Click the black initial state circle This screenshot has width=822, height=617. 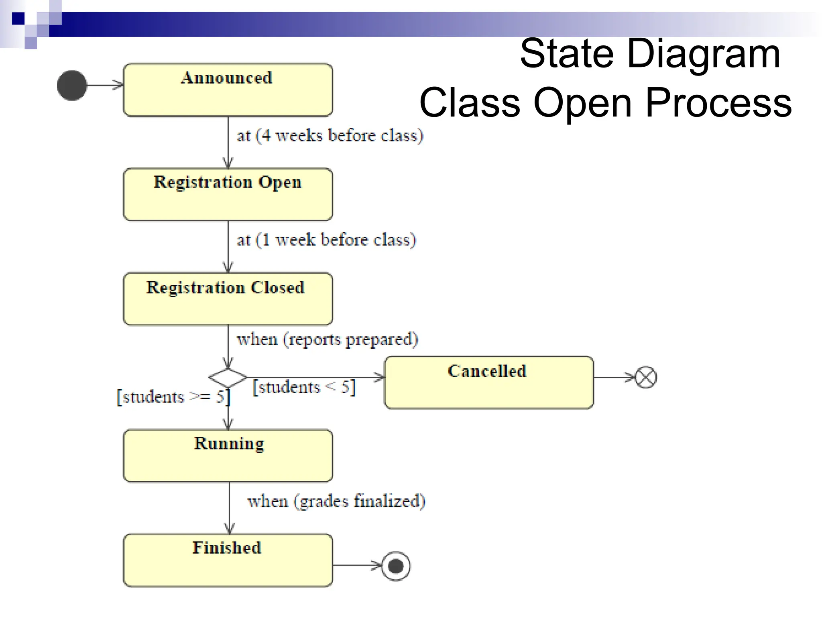pyautogui.click(x=72, y=86)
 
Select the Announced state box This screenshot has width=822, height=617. pyautogui.click(x=228, y=90)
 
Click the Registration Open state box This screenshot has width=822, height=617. pyautogui.click(x=228, y=194)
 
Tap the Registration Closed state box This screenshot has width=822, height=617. pyautogui.click(x=228, y=299)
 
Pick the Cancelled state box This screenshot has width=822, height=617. pyautogui.click(x=488, y=382)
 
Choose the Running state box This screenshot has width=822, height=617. pyautogui.click(x=228, y=456)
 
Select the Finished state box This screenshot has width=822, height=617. pyautogui.click(x=228, y=560)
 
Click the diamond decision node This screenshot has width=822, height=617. pyautogui.click(x=228, y=378)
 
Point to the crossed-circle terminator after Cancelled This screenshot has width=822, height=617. pyautogui.click(x=646, y=378)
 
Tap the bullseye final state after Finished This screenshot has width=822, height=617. pyautogui.click(x=396, y=566)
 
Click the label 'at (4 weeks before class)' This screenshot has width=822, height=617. pyautogui.click(x=330, y=136)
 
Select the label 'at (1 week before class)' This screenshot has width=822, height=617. pyautogui.click(x=326, y=240)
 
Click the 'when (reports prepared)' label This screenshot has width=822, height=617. pyautogui.click(x=327, y=340)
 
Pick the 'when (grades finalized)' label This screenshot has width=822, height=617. pyautogui.click(x=336, y=501)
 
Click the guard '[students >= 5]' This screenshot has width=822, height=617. pyautogui.click(x=173, y=397)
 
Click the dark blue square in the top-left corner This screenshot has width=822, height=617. pyautogui.click(x=18, y=18)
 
